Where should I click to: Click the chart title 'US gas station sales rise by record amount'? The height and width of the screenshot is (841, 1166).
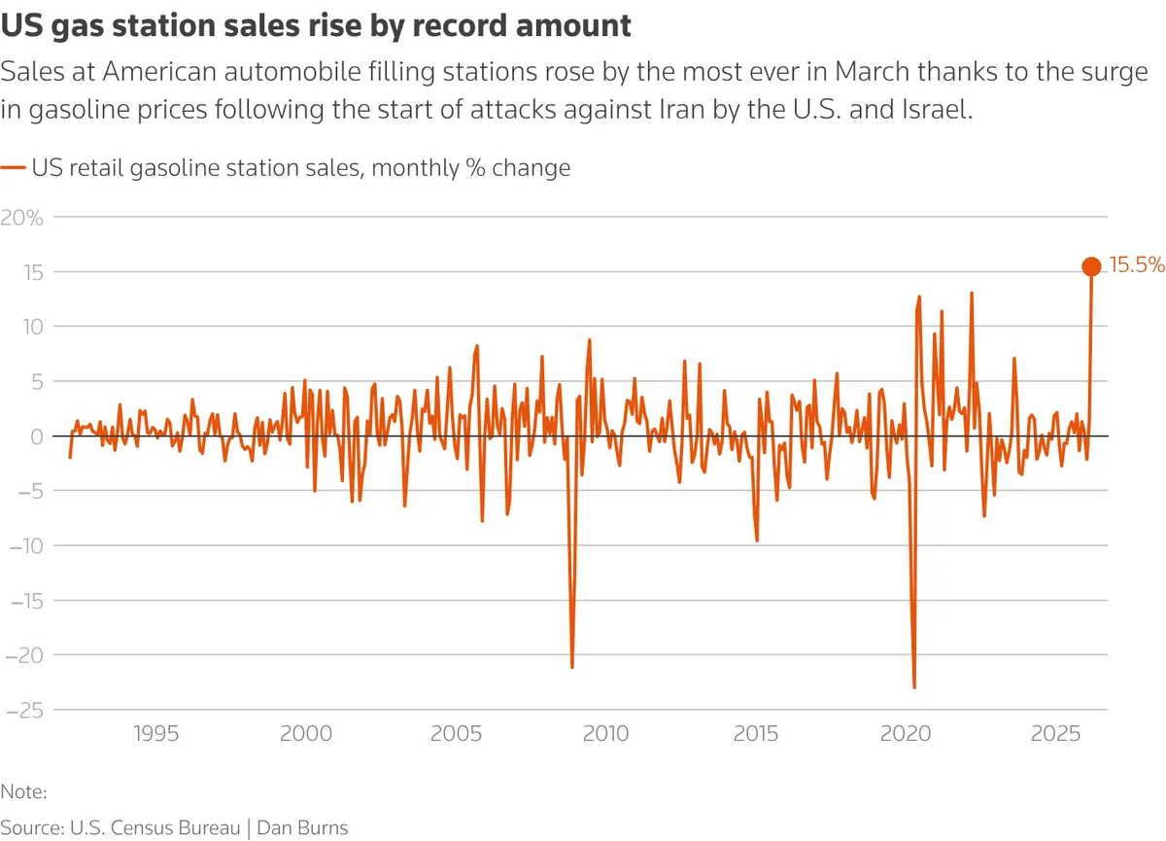pyautogui.click(x=316, y=26)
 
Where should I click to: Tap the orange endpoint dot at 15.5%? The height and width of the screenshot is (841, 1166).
pyautogui.click(x=1091, y=266)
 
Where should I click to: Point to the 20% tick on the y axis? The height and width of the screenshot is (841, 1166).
pyautogui.click(x=22, y=217)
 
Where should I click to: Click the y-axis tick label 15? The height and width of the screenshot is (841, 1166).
pyautogui.click(x=34, y=272)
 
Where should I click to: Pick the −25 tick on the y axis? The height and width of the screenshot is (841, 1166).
pyautogui.click(x=25, y=711)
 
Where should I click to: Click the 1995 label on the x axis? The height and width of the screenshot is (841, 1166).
pyautogui.click(x=156, y=732)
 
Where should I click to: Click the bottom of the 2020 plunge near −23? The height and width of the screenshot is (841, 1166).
pyautogui.click(x=914, y=687)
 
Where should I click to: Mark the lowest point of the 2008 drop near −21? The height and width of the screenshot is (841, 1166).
pyautogui.click(x=571, y=667)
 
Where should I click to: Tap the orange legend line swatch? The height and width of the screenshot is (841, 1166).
pyautogui.click(x=13, y=168)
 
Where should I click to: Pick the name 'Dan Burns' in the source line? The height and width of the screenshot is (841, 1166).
pyautogui.click(x=302, y=827)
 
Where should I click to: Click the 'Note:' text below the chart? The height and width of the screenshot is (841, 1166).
pyautogui.click(x=24, y=792)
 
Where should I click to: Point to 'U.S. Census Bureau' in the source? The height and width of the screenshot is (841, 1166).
pyautogui.click(x=154, y=827)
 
